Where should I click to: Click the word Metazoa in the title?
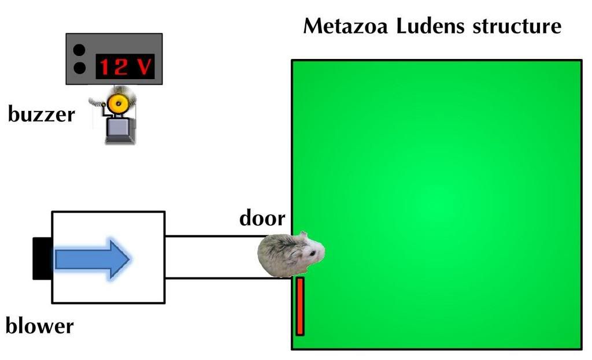click(346, 27)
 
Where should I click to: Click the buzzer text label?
click(42, 114)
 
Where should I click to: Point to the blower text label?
click(40, 325)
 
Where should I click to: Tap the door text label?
click(262, 218)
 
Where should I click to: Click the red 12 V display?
click(125, 66)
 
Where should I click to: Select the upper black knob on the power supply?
click(79, 50)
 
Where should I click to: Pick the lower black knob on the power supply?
click(79, 68)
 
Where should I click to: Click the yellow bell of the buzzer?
click(117, 103)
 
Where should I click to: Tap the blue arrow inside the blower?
click(92, 259)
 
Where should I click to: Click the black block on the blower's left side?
click(42, 258)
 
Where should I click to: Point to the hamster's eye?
click(313, 254)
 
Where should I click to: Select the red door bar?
click(300, 306)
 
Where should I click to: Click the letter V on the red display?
click(144, 67)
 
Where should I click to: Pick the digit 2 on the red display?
click(120, 67)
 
